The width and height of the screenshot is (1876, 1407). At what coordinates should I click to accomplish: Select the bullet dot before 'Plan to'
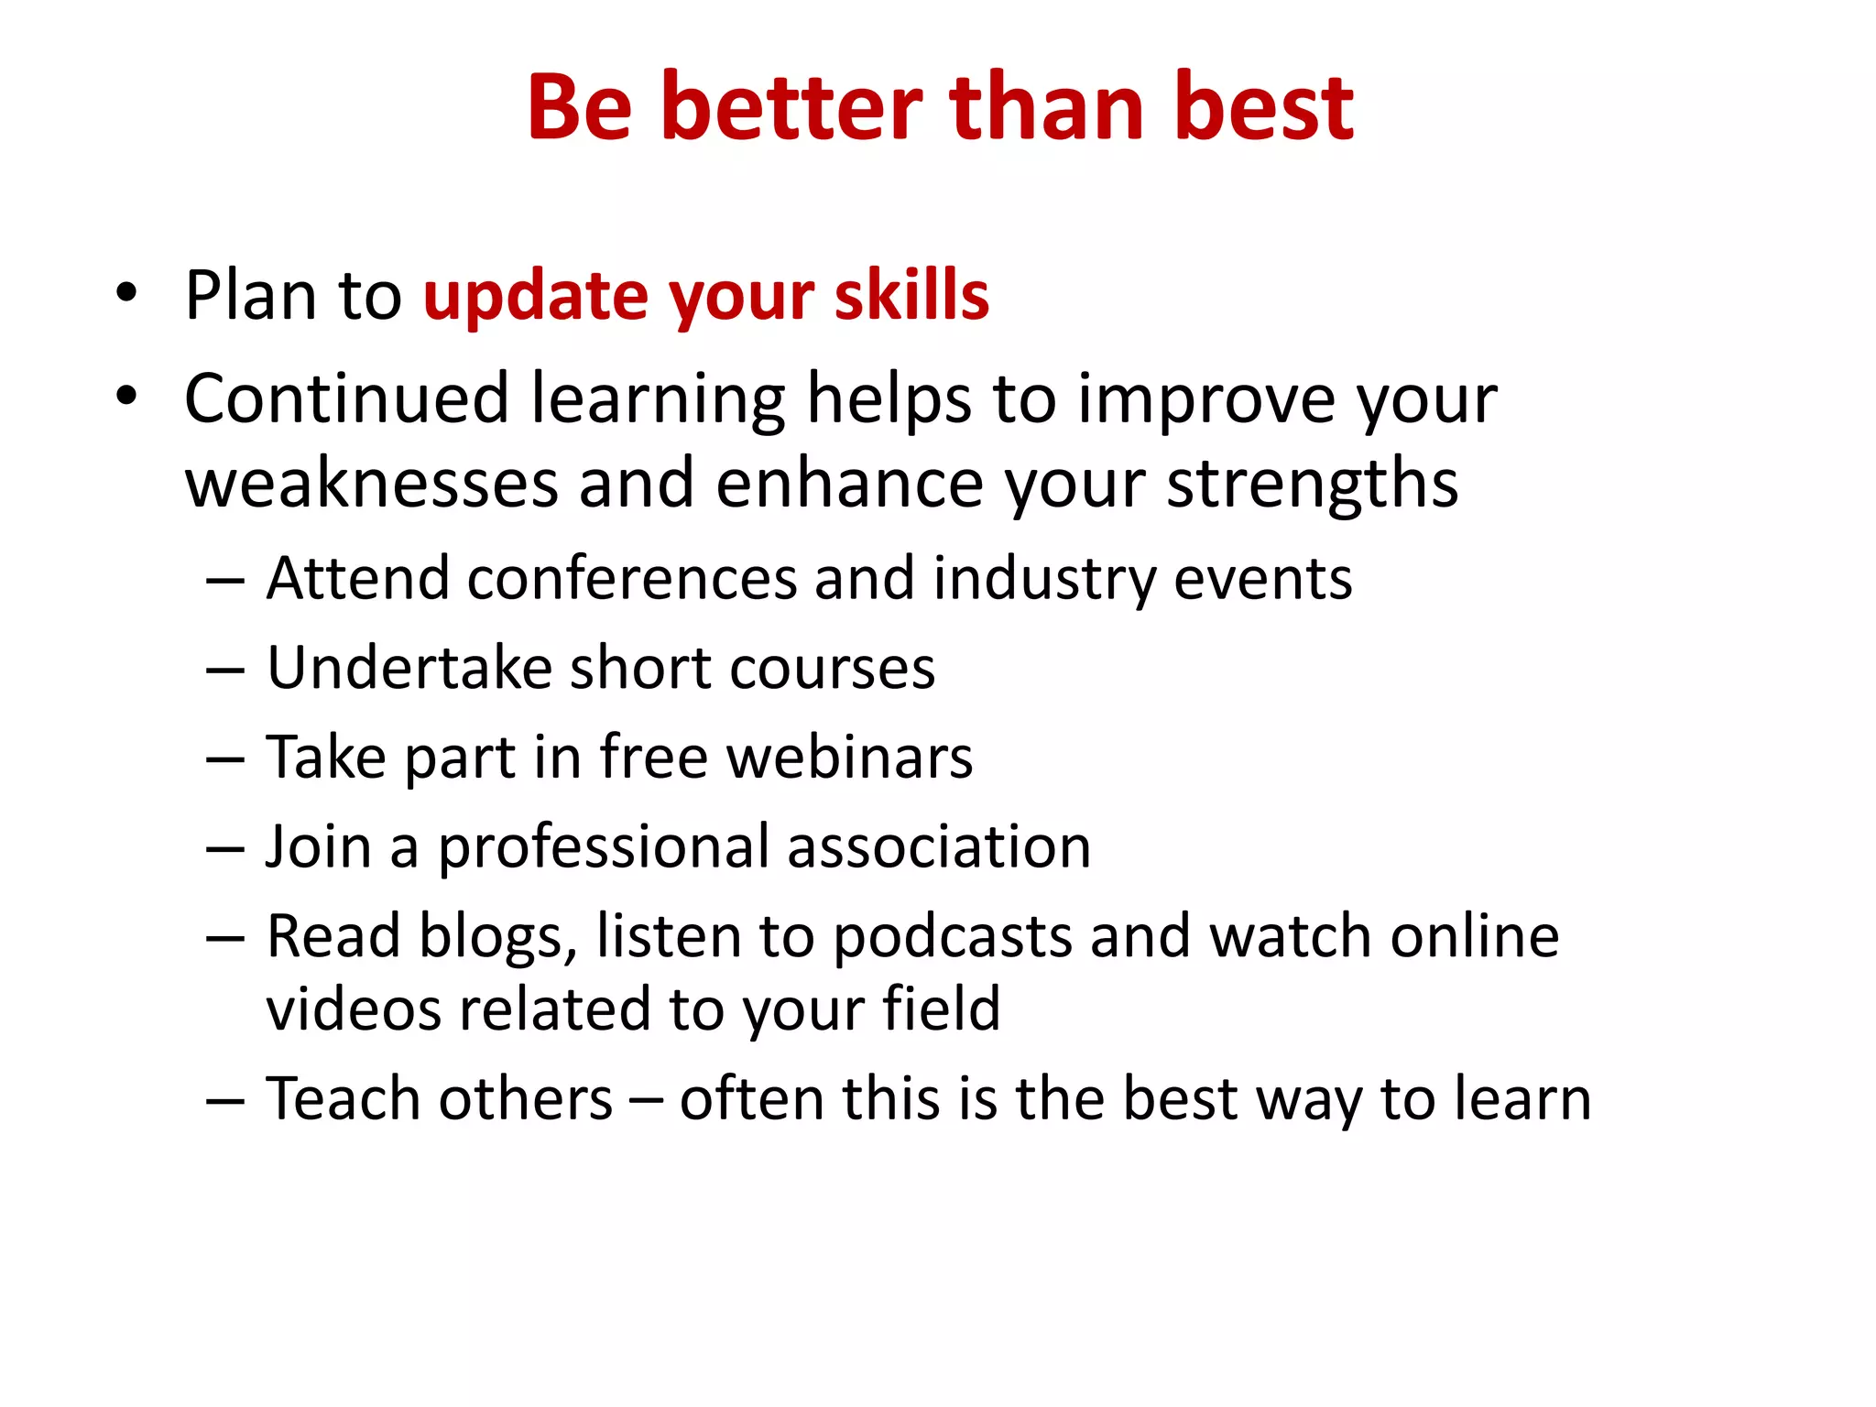tap(126, 293)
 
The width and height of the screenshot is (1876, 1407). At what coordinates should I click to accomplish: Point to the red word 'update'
tap(536, 298)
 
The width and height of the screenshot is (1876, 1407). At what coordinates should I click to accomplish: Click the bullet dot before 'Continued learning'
tap(126, 397)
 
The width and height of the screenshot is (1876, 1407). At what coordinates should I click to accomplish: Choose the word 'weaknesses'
tap(371, 484)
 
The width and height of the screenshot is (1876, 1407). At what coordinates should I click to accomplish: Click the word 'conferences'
tap(632, 579)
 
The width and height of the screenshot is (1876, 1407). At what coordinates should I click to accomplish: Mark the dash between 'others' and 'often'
tap(646, 1100)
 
